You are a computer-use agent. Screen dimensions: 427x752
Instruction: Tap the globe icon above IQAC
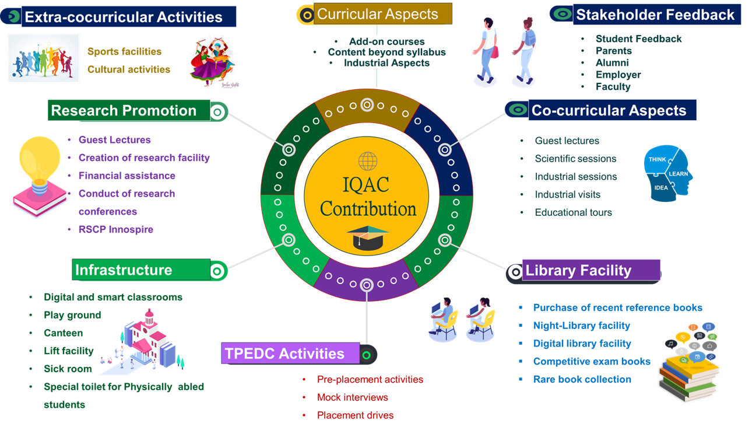(x=367, y=160)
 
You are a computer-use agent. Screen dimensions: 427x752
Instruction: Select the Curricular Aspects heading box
(x=377, y=15)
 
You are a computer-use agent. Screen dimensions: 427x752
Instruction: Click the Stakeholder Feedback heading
(x=655, y=15)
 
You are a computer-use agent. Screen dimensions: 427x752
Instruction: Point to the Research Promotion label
(x=124, y=111)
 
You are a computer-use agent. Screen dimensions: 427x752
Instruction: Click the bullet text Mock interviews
(x=352, y=397)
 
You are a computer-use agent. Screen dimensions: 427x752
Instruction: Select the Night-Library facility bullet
(x=581, y=325)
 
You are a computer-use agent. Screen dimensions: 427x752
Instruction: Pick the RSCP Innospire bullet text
(x=115, y=229)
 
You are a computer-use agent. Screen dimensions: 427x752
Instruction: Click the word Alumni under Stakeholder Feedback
(x=612, y=62)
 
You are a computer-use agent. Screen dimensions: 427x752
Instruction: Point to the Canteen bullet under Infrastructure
(x=63, y=333)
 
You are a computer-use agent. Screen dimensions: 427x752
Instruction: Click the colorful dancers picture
(x=215, y=62)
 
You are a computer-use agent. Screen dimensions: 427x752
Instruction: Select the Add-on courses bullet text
(x=387, y=41)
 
